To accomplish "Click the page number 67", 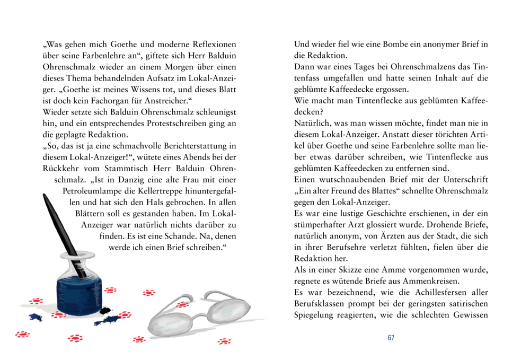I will (x=391, y=338).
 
